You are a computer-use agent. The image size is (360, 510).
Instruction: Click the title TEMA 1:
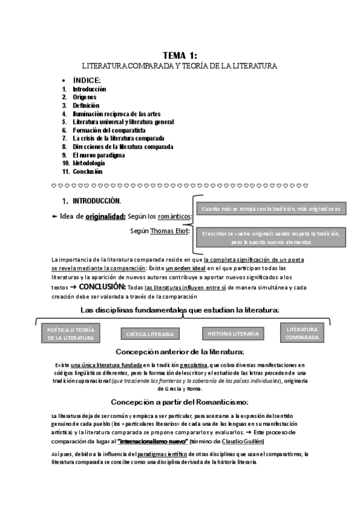tap(180, 55)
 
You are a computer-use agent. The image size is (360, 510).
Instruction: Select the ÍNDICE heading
tap(87, 80)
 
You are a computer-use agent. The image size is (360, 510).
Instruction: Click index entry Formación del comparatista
tap(109, 130)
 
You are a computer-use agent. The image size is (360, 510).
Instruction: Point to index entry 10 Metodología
tap(89, 163)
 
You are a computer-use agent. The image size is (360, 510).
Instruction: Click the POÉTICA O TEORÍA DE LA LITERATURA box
tap(71, 334)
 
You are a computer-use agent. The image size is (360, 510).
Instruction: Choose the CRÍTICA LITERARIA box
tap(150, 334)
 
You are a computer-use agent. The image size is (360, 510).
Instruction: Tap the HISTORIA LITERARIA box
tap(233, 333)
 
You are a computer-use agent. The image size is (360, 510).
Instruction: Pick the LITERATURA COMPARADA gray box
tap(302, 333)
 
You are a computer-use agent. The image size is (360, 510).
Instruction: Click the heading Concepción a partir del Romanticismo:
tap(180, 402)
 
